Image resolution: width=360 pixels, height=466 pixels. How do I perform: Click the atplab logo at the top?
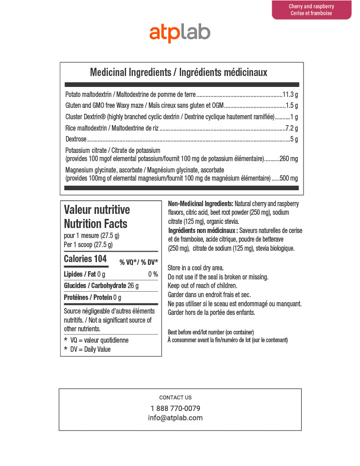180,33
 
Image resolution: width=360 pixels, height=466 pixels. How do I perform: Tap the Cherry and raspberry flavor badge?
311,10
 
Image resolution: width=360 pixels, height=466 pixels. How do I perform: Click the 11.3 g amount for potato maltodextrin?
290,95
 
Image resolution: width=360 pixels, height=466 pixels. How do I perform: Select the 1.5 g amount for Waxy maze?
291,106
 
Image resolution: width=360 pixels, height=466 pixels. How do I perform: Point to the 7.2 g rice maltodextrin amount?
291,128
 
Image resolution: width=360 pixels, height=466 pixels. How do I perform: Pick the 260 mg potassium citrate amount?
289,159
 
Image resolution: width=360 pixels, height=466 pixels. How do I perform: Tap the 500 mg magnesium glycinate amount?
289,178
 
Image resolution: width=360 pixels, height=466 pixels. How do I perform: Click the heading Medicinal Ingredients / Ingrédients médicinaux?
178,72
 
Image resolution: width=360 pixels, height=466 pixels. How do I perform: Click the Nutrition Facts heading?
96,223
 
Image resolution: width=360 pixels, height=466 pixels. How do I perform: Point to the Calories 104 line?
85,259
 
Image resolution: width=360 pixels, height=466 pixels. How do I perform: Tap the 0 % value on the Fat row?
153,274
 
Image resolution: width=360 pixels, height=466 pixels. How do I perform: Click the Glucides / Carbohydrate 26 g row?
101,286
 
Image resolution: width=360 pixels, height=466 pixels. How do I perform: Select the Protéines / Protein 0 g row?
92,298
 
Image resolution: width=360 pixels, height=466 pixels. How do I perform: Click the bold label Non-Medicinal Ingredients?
201,203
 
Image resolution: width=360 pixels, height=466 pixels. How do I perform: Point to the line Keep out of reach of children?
203,285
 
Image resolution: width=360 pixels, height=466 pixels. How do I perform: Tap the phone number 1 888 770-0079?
175,408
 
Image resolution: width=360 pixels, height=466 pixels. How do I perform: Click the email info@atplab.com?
175,418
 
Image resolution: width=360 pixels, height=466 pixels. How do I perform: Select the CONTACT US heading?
175,397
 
